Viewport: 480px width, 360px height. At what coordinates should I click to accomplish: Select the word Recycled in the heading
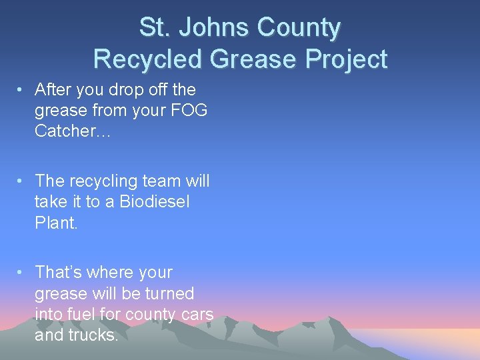148,59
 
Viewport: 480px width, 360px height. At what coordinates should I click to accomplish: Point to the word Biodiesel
154,202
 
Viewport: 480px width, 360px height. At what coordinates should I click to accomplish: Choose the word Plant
56,223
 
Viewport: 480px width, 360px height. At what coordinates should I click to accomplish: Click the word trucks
97,335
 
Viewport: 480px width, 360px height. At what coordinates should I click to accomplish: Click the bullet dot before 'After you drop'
22,90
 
